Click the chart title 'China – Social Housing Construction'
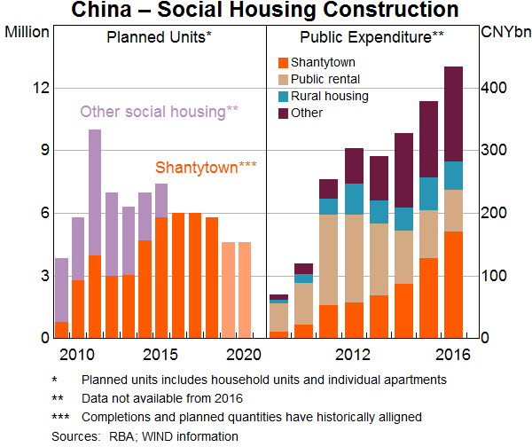tap(266, 11)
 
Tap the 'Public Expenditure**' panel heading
tap(372, 37)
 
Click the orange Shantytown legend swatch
tap(283, 62)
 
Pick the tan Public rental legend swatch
tap(283, 79)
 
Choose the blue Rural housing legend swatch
tap(283, 96)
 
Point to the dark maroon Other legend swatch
tap(283, 113)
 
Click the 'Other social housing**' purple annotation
tap(160, 112)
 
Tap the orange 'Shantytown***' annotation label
tap(206, 167)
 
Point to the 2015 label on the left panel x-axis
tap(160, 355)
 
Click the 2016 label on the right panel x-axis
tap(453, 355)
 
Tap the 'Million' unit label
tap(29, 32)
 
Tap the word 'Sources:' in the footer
tap(75, 435)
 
